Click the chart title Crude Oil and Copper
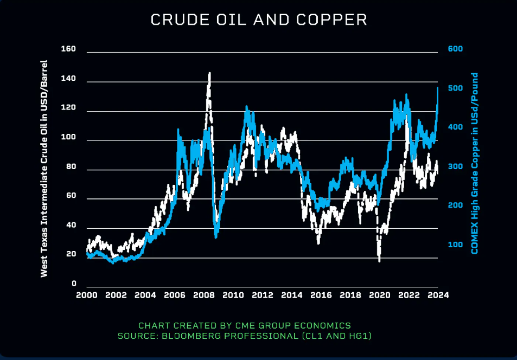click(258, 20)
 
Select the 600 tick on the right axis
click(455, 49)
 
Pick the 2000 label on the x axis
click(86, 295)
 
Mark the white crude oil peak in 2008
click(209, 73)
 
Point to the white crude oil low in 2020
click(379, 260)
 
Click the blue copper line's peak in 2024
click(437, 87)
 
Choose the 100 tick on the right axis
click(455, 245)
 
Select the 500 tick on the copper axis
click(455, 88)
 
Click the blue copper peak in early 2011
click(247, 107)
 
